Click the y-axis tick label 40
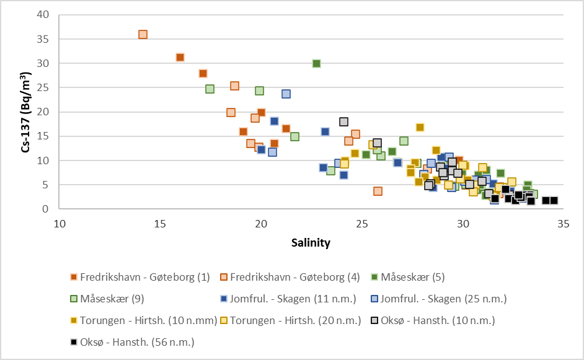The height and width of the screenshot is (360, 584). (x=42, y=15)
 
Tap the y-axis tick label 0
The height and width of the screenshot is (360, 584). (x=45, y=209)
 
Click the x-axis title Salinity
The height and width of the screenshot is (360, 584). (x=311, y=243)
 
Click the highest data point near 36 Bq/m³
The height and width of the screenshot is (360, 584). (x=143, y=35)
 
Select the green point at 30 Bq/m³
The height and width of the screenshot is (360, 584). (x=316, y=63)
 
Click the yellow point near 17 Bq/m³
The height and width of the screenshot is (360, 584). (x=420, y=127)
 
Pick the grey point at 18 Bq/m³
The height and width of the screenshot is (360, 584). (x=343, y=121)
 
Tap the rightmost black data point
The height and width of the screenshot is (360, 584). (x=554, y=201)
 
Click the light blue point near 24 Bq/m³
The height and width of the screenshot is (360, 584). (x=286, y=94)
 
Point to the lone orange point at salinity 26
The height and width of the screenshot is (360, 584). (x=378, y=191)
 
